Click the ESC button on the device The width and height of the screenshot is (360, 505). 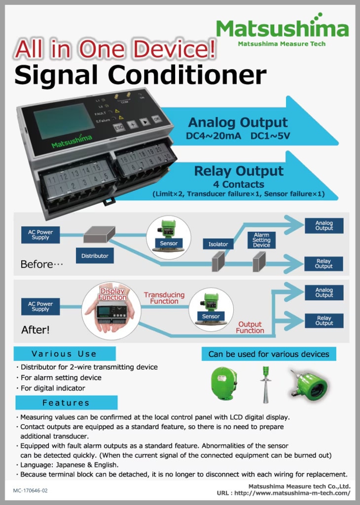(119, 127)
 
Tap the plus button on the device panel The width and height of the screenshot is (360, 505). (132, 125)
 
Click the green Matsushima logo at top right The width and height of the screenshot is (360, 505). (282, 29)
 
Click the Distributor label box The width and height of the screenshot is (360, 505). (95, 256)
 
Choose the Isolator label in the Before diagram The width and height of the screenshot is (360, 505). (218, 244)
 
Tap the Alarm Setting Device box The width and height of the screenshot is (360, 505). (261, 240)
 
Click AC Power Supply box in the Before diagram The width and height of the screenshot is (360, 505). (40, 235)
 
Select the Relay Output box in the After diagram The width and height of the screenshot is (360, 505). (324, 321)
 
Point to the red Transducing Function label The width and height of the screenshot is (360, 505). (164, 298)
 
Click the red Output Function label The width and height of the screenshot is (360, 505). (250, 327)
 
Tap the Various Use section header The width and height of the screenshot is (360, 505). (65, 354)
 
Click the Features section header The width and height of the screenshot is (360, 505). (66, 402)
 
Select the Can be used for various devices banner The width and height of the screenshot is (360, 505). (269, 354)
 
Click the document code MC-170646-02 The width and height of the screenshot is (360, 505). (31, 491)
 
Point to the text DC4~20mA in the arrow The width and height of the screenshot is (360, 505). (213, 136)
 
